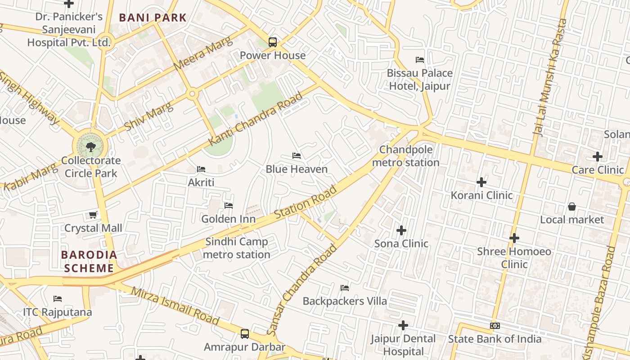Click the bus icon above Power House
click(x=272, y=42)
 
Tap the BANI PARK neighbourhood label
click(x=153, y=18)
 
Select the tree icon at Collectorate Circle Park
click(x=90, y=146)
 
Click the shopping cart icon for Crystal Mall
click(x=93, y=215)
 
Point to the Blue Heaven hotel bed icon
click(x=297, y=156)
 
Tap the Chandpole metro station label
click(x=406, y=156)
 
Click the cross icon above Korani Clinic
click(x=481, y=182)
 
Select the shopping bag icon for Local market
click(x=571, y=207)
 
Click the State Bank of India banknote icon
click(x=495, y=326)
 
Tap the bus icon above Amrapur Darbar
click(x=244, y=334)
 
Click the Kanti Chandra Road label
click(x=256, y=119)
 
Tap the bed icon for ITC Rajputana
click(x=57, y=299)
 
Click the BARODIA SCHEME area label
click(x=89, y=261)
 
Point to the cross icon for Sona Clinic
click(x=401, y=230)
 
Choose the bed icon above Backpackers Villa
click(x=345, y=288)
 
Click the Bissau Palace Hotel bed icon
click(x=420, y=60)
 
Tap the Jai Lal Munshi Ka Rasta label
click(x=550, y=77)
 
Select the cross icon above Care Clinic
click(x=597, y=157)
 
